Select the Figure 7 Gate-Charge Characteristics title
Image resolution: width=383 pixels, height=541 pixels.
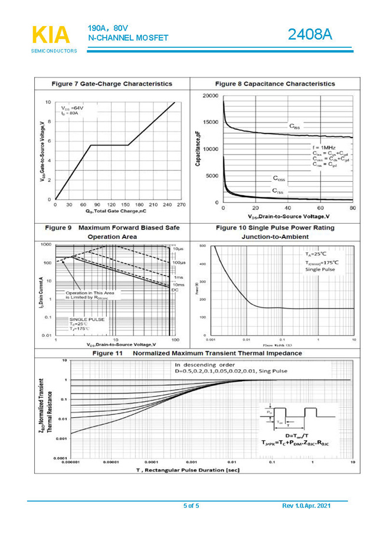coord(112,84)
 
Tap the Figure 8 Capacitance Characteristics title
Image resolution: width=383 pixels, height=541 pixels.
coord(275,84)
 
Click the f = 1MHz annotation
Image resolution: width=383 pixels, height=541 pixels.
coord(324,147)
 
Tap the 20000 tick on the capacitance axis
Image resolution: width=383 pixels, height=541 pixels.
coord(210,96)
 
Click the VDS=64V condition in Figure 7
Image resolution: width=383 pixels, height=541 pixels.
coord(73,109)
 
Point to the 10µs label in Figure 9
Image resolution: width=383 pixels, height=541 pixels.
coord(178,250)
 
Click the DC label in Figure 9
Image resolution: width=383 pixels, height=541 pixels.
coord(175,290)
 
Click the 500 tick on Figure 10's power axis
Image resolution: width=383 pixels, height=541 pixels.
coord(202,245)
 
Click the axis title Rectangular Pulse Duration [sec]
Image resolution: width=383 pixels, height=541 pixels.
coord(188,470)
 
